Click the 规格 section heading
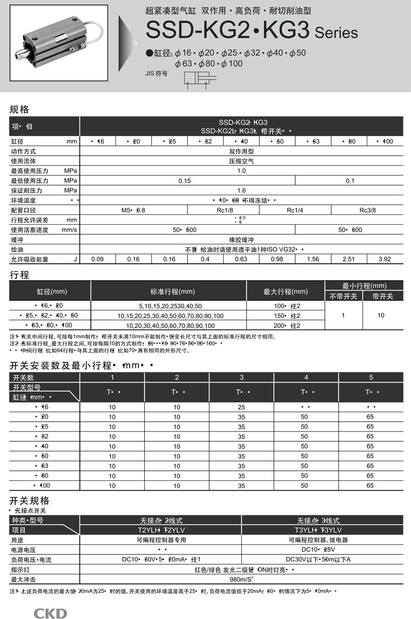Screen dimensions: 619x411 pos(20,109)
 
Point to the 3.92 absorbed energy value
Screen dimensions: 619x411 pos(384,259)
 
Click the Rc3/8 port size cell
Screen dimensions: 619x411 pos(368,210)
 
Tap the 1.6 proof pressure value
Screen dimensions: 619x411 pos(241,190)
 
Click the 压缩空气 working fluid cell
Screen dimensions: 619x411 pos(241,161)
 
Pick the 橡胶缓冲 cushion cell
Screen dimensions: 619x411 pos(241,240)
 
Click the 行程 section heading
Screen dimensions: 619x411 pos(20,275)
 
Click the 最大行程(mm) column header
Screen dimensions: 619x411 pos(286,291)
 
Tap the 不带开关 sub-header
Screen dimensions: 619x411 pos(343,297)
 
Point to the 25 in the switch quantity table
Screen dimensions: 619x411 pos(242,407)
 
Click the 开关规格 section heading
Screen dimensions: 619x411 pos(30,501)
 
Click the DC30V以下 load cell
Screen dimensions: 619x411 pos(326,560)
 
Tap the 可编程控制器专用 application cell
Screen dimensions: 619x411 pos(161,540)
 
